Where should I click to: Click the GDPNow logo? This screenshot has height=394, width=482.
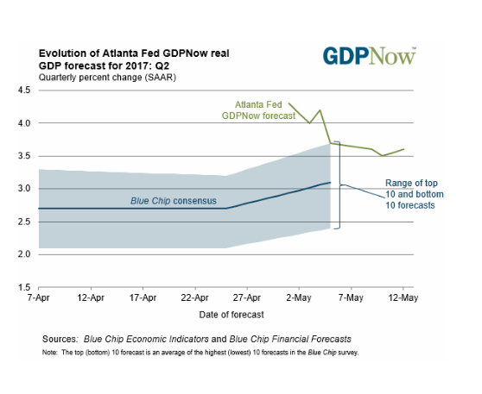coord(369,56)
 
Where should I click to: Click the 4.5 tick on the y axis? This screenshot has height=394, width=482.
coord(24,91)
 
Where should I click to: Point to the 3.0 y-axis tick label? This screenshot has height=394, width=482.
coord(24,189)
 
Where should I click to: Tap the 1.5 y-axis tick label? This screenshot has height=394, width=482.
coord(24,287)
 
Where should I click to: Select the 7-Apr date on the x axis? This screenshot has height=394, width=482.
coord(38,297)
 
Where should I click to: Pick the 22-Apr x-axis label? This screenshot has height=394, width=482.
coord(195,297)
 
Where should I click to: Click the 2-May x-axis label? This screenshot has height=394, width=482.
coord(299,297)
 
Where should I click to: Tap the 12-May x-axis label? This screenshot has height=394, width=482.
coord(403,297)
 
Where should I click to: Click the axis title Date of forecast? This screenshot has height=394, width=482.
coord(231,315)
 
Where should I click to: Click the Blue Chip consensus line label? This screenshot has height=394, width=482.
coord(174,201)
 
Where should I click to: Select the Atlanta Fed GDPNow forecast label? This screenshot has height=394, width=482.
coord(258,110)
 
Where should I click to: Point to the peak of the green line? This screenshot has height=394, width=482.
coord(320,109)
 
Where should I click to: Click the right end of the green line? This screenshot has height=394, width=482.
coord(403,149)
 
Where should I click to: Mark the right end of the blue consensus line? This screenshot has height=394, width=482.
coord(331,182)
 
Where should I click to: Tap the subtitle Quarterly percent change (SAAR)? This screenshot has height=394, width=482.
coord(107,78)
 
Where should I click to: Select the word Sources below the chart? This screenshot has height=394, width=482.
coord(60,339)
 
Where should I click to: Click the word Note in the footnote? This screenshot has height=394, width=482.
coord(50,353)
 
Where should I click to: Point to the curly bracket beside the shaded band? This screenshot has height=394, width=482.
coord(340,185)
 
